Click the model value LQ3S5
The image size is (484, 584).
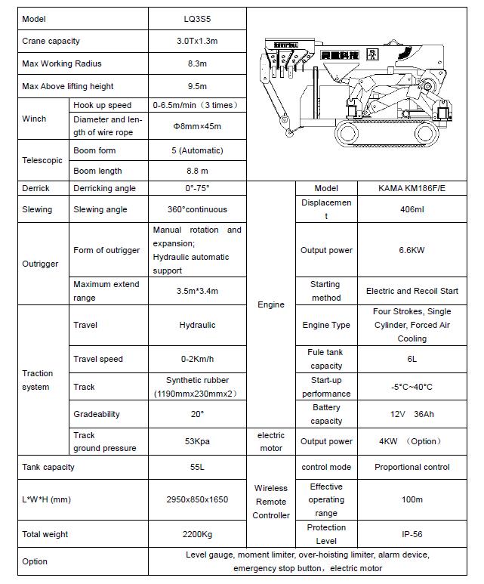pos(197,19)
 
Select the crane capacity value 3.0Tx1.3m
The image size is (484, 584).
pos(197,41)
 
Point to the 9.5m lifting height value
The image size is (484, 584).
pos(197,86)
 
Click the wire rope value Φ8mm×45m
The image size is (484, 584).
pos(197,126)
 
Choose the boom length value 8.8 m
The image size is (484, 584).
pos(197,171)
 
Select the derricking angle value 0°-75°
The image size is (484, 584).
pos(197,188)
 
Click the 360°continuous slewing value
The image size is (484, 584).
pos(197,209)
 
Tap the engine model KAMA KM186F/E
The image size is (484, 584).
pos(412,188)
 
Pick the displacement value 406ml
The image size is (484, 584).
pos(412,209)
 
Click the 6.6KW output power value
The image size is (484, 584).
pos(412,250)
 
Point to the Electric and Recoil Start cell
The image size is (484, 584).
pos(412,291)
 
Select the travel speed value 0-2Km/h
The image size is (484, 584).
pos(197,359)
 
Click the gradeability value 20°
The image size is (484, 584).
pos(197,414)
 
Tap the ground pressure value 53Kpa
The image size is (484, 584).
pos(197,441)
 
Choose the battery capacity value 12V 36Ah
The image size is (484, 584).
pos(412,414)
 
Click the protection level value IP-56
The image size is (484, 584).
pos(412,534)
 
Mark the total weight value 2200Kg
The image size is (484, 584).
pos(197,534)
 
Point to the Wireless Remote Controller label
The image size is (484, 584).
pos(271,502)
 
